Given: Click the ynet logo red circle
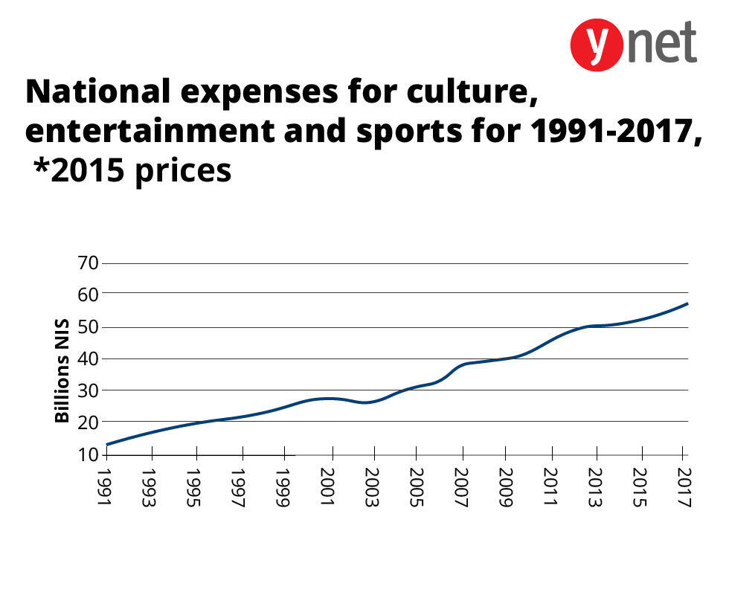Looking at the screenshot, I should click(596, 45).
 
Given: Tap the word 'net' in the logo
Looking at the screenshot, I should click(661, 42).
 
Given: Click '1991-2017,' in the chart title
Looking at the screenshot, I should click(615, 132).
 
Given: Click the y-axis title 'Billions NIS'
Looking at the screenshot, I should click(62, 370).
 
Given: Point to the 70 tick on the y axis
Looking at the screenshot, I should click(87, 263).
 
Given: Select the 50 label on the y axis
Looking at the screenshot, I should click(87, 327).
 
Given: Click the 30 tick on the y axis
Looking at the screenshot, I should click(87, 390).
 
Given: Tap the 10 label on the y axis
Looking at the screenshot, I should click(87, 454).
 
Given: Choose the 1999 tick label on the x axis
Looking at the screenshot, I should click(282, 488).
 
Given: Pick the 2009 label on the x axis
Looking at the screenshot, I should click(505, 488).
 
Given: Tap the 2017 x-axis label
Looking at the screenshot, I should click(684, 488).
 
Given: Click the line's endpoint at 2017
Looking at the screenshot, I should click(687, 303).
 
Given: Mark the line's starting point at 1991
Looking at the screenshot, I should click(107, 445).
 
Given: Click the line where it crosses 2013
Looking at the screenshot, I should click(594, 326).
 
